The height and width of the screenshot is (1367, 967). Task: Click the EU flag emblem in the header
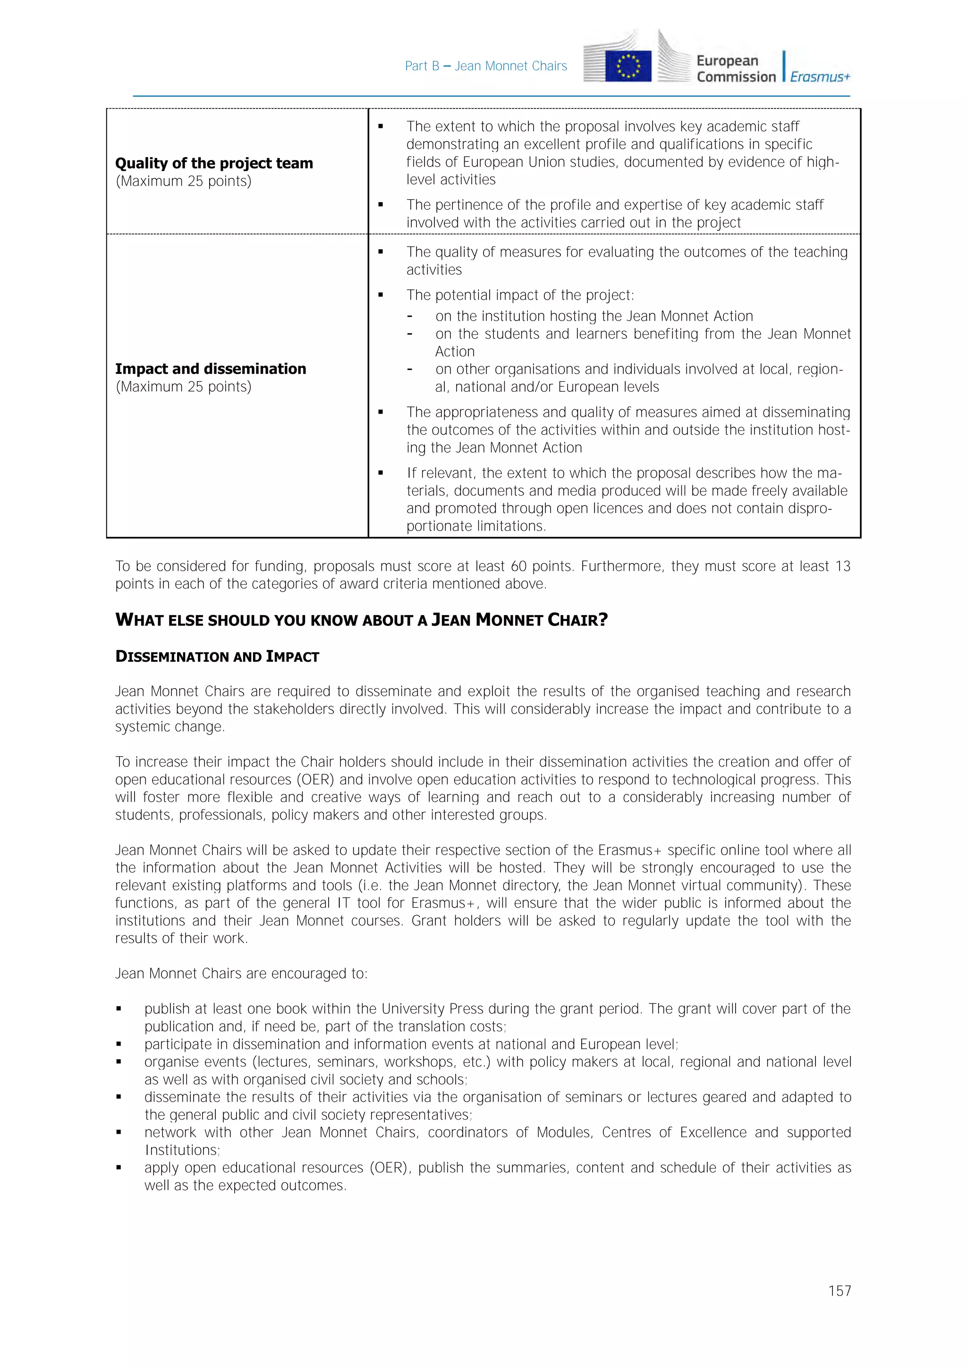coord(628,66)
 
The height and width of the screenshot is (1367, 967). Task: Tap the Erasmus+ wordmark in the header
coord(820,77)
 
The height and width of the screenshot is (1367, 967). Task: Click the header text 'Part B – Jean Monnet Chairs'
coord(486,66)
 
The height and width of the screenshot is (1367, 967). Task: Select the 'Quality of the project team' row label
coord(214,163)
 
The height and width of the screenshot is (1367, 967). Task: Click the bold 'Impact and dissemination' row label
coord(210,369)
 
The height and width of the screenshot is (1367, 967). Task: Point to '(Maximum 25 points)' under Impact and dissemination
coord(183,387)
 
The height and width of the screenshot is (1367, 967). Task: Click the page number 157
coord(839,1291)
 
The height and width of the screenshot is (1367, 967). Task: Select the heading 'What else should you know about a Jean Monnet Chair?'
coord(361,620)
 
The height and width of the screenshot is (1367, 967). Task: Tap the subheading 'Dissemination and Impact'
coord(217,657)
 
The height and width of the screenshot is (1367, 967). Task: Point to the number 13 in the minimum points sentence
coord(842,566)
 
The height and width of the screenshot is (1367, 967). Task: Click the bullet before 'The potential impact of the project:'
coord(381,295)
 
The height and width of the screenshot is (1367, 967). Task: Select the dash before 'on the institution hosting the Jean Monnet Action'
coord(410,316)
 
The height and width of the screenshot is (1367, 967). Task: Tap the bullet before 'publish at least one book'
coord(119,1009)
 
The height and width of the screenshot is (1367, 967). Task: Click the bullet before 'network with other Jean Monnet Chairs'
coord(119,1132)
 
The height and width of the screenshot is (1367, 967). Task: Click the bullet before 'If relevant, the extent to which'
coord(381,473)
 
